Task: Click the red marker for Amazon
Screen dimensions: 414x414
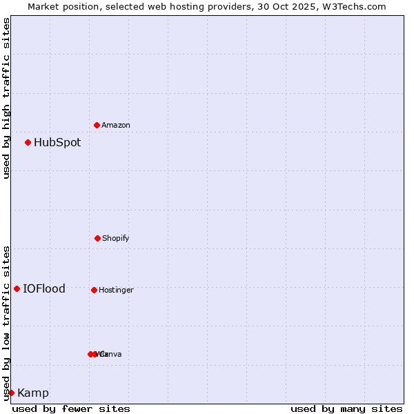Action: [x=97, y=125]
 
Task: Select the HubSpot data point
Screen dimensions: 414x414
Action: [x=28, y=142]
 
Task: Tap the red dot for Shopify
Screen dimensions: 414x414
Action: [x=97, y=238]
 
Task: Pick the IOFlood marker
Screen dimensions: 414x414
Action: [x=17, y=288]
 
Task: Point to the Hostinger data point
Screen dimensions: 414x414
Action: [x=94, y=290]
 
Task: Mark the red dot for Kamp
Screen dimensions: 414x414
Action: [x=11, y=393]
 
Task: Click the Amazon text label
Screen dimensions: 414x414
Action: [x=116, y=125]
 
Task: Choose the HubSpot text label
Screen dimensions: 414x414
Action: [x=57, y=143]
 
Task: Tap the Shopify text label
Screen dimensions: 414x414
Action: [x=116, y=238]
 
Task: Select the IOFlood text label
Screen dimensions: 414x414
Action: [x=44, y=289]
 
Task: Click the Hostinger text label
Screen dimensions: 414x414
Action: [x=116, y=290]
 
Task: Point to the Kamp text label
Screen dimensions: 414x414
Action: [x=33, y=393]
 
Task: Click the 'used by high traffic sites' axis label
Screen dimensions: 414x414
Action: [x=6, y=98]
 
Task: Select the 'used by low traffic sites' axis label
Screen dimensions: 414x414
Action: [x=6, y=323]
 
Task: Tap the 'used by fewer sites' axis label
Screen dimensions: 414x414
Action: [x=71, y=408]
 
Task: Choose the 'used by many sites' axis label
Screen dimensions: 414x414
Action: [x=346, y=408]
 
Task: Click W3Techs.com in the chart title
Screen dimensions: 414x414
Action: [x=355, y=6]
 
